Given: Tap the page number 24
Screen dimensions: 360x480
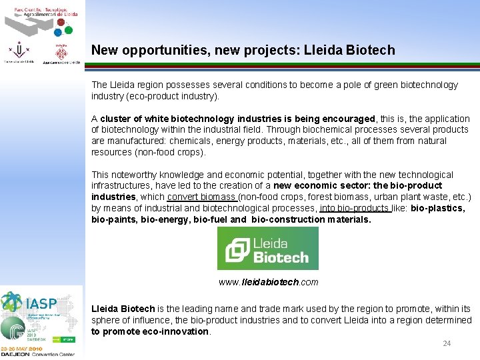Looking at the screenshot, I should (447, 343).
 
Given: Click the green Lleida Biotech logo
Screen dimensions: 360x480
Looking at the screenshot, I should (268, 248).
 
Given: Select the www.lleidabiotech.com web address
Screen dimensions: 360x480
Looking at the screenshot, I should (268, 282).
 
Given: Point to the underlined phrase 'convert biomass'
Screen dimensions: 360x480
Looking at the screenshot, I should (202, 197).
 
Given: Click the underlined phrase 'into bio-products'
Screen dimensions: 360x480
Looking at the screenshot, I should (355, 208).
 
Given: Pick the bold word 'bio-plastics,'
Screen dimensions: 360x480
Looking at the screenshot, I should (437, 208).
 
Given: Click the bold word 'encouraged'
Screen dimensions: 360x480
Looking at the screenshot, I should (349, 118).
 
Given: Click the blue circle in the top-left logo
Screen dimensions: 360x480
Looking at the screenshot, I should (59, 31).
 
